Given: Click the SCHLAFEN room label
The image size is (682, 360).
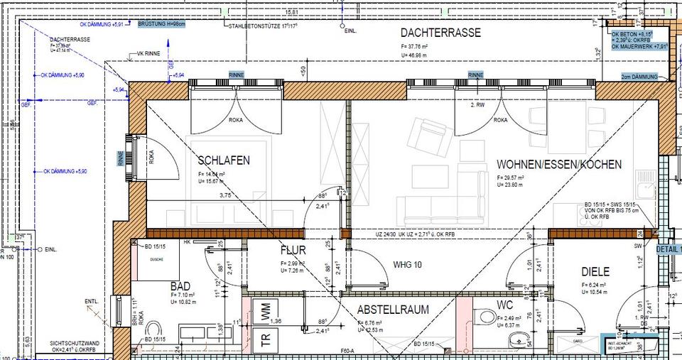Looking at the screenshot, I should tap(224, 161).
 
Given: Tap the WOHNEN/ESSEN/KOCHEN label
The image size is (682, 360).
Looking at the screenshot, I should tap(559, 165).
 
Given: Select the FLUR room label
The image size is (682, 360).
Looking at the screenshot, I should tap(293, 251).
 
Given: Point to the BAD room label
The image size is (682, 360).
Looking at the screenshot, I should tap(180, 285).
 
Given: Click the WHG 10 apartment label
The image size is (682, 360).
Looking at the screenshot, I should tap(407, 265).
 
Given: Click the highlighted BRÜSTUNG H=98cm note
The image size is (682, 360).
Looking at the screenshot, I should tap(161, 24).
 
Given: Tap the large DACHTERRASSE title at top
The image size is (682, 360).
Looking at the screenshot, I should tap(440, 33).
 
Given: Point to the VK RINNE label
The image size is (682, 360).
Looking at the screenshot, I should tap(148, 53).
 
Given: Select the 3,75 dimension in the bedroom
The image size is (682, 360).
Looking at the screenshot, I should tap(225, 195).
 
